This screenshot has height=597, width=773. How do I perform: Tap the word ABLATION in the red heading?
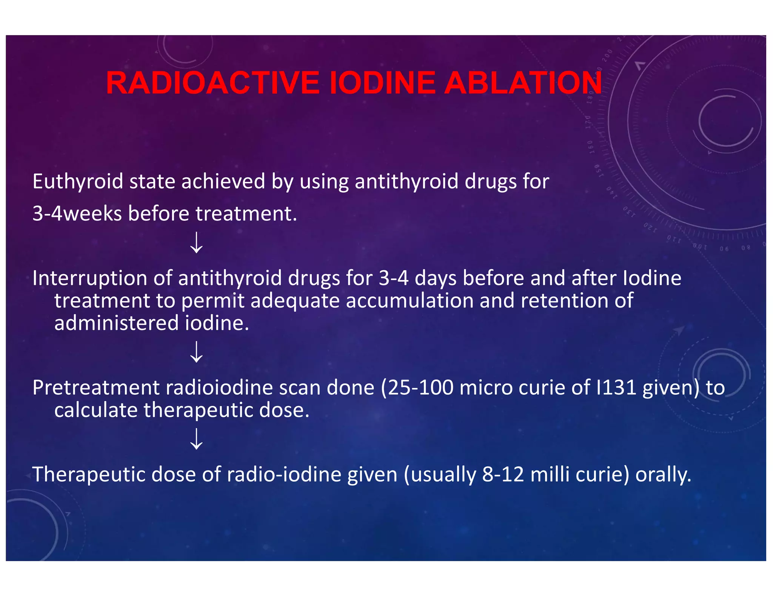[x=523, y=83]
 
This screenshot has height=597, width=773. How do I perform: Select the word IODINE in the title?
[x=382, y=83]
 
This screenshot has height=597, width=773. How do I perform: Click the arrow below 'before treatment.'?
[x=196, y=243]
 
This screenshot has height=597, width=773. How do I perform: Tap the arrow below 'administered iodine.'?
[x=196, y=352]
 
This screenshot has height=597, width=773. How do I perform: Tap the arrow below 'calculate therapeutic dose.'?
[x=196, y=439]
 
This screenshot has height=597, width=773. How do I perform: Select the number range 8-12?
[x=503, y=475]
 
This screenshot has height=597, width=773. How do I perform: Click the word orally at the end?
[x=663, y=475]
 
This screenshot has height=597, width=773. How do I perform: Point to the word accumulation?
[x=409, y=301]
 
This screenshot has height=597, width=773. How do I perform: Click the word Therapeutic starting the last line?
[x=89, y=475]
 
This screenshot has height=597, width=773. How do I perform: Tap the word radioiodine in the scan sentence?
[x=219, y=388]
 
